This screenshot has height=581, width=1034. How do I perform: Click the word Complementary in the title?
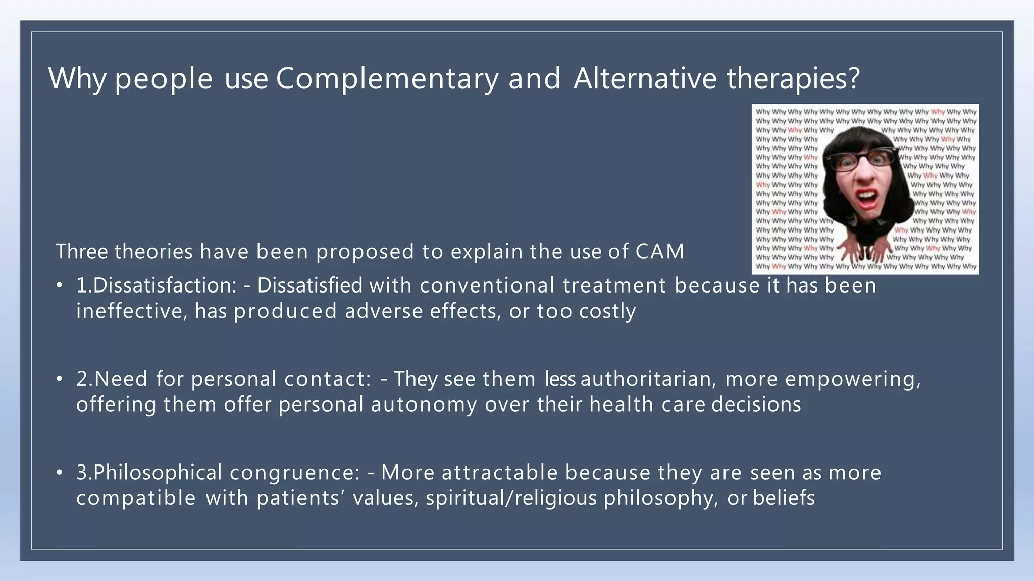(387, 79)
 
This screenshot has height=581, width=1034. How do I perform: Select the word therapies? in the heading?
(793, 79)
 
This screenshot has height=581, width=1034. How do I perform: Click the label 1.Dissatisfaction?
(156, 285)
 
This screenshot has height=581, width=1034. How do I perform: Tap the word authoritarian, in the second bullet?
(648, 379)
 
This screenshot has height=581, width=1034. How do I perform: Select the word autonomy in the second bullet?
(424, 404)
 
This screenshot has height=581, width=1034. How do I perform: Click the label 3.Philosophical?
(149, 473)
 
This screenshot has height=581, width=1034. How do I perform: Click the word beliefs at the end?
(784, 498)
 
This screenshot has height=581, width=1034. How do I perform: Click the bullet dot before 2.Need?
(60, 379)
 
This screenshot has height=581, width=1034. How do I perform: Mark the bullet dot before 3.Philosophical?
(60, 473)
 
